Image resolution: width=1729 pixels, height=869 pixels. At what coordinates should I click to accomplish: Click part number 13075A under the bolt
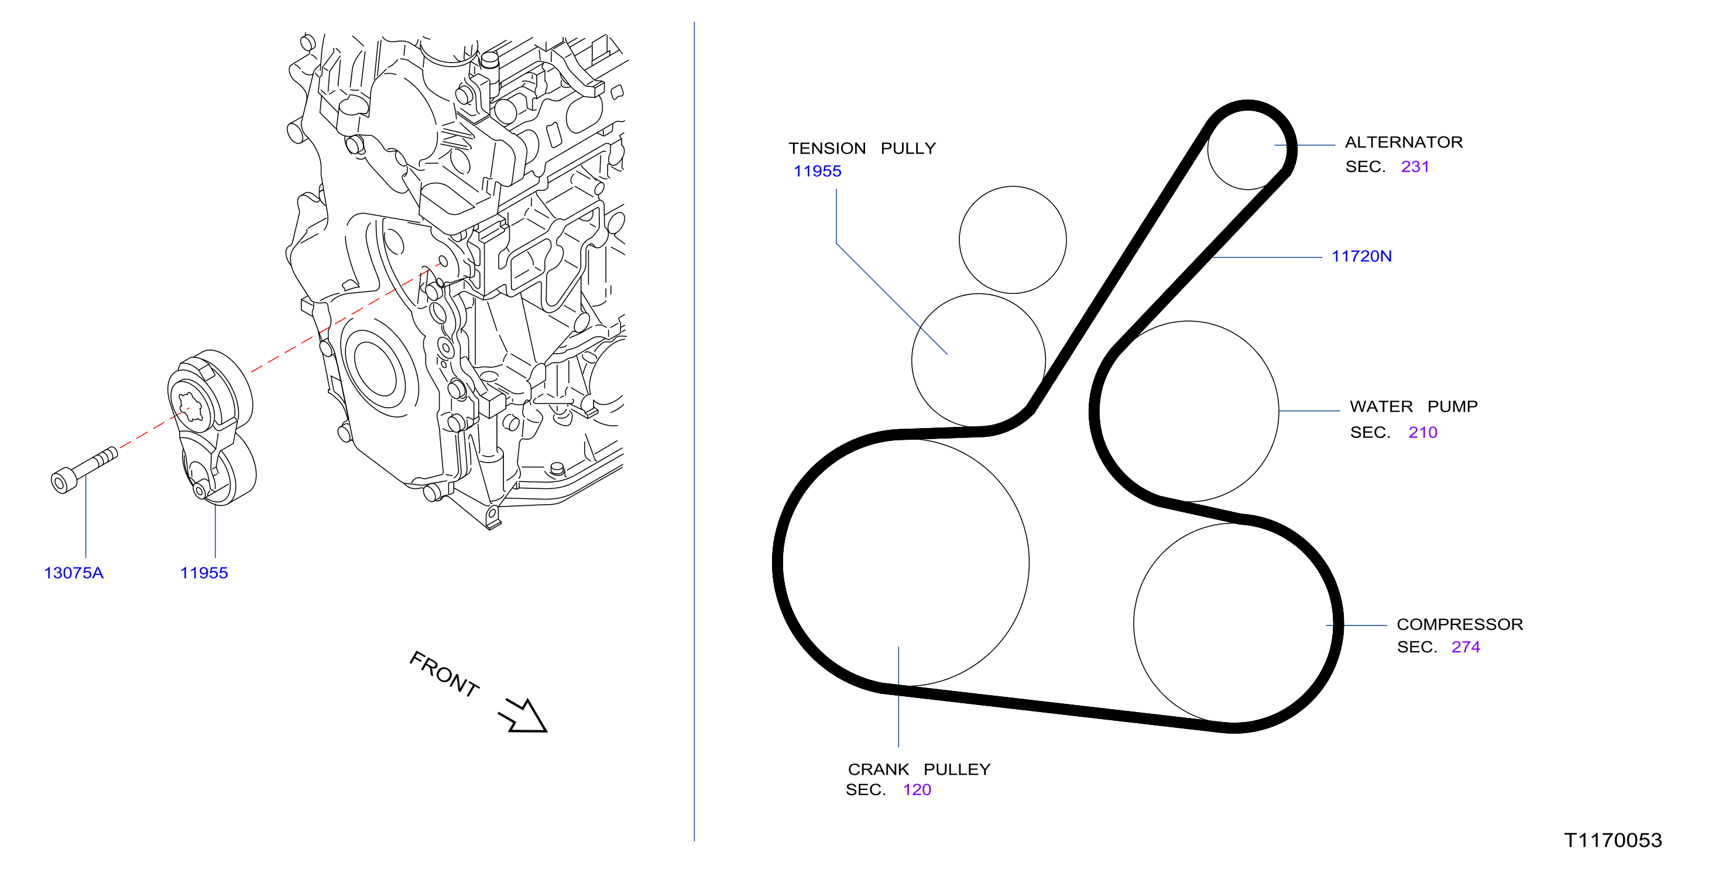[74, 573]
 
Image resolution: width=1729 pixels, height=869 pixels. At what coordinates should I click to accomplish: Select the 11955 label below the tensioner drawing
[204, 573]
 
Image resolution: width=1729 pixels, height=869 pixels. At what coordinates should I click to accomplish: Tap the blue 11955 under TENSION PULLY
[818, 171]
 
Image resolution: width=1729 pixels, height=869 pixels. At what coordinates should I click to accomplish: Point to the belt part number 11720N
[1362, 256]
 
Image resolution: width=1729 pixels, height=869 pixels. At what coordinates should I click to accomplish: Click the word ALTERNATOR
[1404, 142]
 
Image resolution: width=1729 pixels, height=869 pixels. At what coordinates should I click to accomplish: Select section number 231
[1415, 166]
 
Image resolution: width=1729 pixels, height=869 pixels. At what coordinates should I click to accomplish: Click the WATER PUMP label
[1414, 406]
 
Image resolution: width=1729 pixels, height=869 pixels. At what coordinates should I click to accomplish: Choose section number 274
[1466, 646]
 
